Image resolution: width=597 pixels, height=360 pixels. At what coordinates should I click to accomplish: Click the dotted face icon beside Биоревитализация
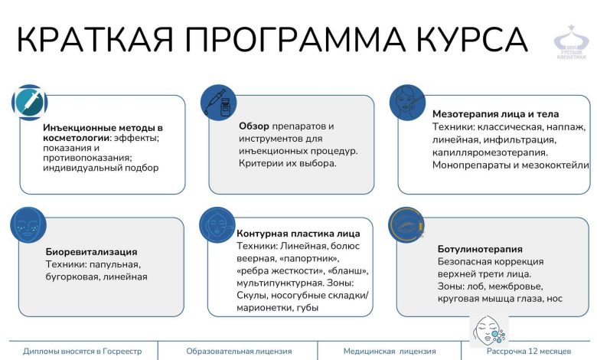pyautogui.click(x=29, y=225)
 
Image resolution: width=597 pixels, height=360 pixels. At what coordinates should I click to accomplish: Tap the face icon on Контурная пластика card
pyautogui.click(x=218, y=225)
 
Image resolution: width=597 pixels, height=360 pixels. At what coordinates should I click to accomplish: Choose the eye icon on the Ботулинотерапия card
pyautogui.click(x=406, y=225)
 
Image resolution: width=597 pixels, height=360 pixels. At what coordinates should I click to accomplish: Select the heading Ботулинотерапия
pyautogui.click(x=480, y=249)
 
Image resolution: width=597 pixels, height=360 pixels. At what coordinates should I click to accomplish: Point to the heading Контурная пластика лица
pyautogui.click(x=298, y=233)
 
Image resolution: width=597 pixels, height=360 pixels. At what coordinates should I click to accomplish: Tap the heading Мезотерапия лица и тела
pyautogui.click(x=498, y=112)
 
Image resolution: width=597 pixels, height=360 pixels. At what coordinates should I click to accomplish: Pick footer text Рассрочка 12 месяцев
pyautogui.click(x=529, y=351)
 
